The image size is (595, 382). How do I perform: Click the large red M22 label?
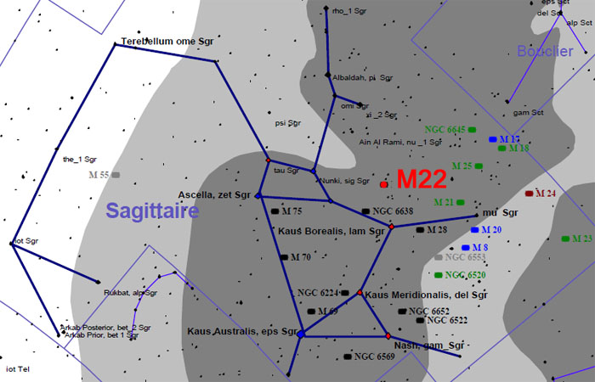[423, 179]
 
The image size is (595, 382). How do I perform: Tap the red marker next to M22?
[384, 183]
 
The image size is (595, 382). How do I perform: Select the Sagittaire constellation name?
[152, 211]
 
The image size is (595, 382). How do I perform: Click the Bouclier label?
[545, 51]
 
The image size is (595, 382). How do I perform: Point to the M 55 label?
[99, 175]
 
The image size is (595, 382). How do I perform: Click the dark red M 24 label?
[545, 194]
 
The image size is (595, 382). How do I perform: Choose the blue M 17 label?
[509, 138]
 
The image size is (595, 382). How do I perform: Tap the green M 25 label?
[462, 166]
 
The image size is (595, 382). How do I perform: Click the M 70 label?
[300, 256]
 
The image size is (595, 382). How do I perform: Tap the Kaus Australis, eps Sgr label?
[243, 331]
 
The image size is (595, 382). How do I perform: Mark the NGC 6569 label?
[374, 357]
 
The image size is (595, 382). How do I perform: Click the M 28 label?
[437, 229]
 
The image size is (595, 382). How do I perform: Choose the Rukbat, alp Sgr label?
[130, 293]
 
